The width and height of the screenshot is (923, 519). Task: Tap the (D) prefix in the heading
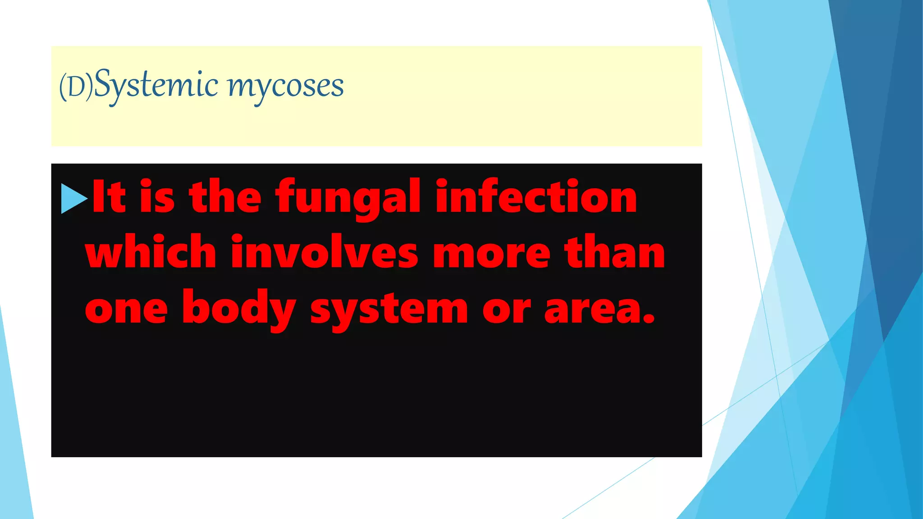click(x=76, y=87)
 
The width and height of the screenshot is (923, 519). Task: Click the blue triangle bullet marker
click(x=74, y=198)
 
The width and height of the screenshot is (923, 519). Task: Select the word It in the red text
click(x=109, y=196)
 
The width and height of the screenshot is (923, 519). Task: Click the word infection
click(x=536, y=196)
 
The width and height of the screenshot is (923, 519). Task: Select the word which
click(x=151, y=252)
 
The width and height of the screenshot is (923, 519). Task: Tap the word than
click(x=615, y=252)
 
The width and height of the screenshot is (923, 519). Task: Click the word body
click(x=239, y=308)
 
